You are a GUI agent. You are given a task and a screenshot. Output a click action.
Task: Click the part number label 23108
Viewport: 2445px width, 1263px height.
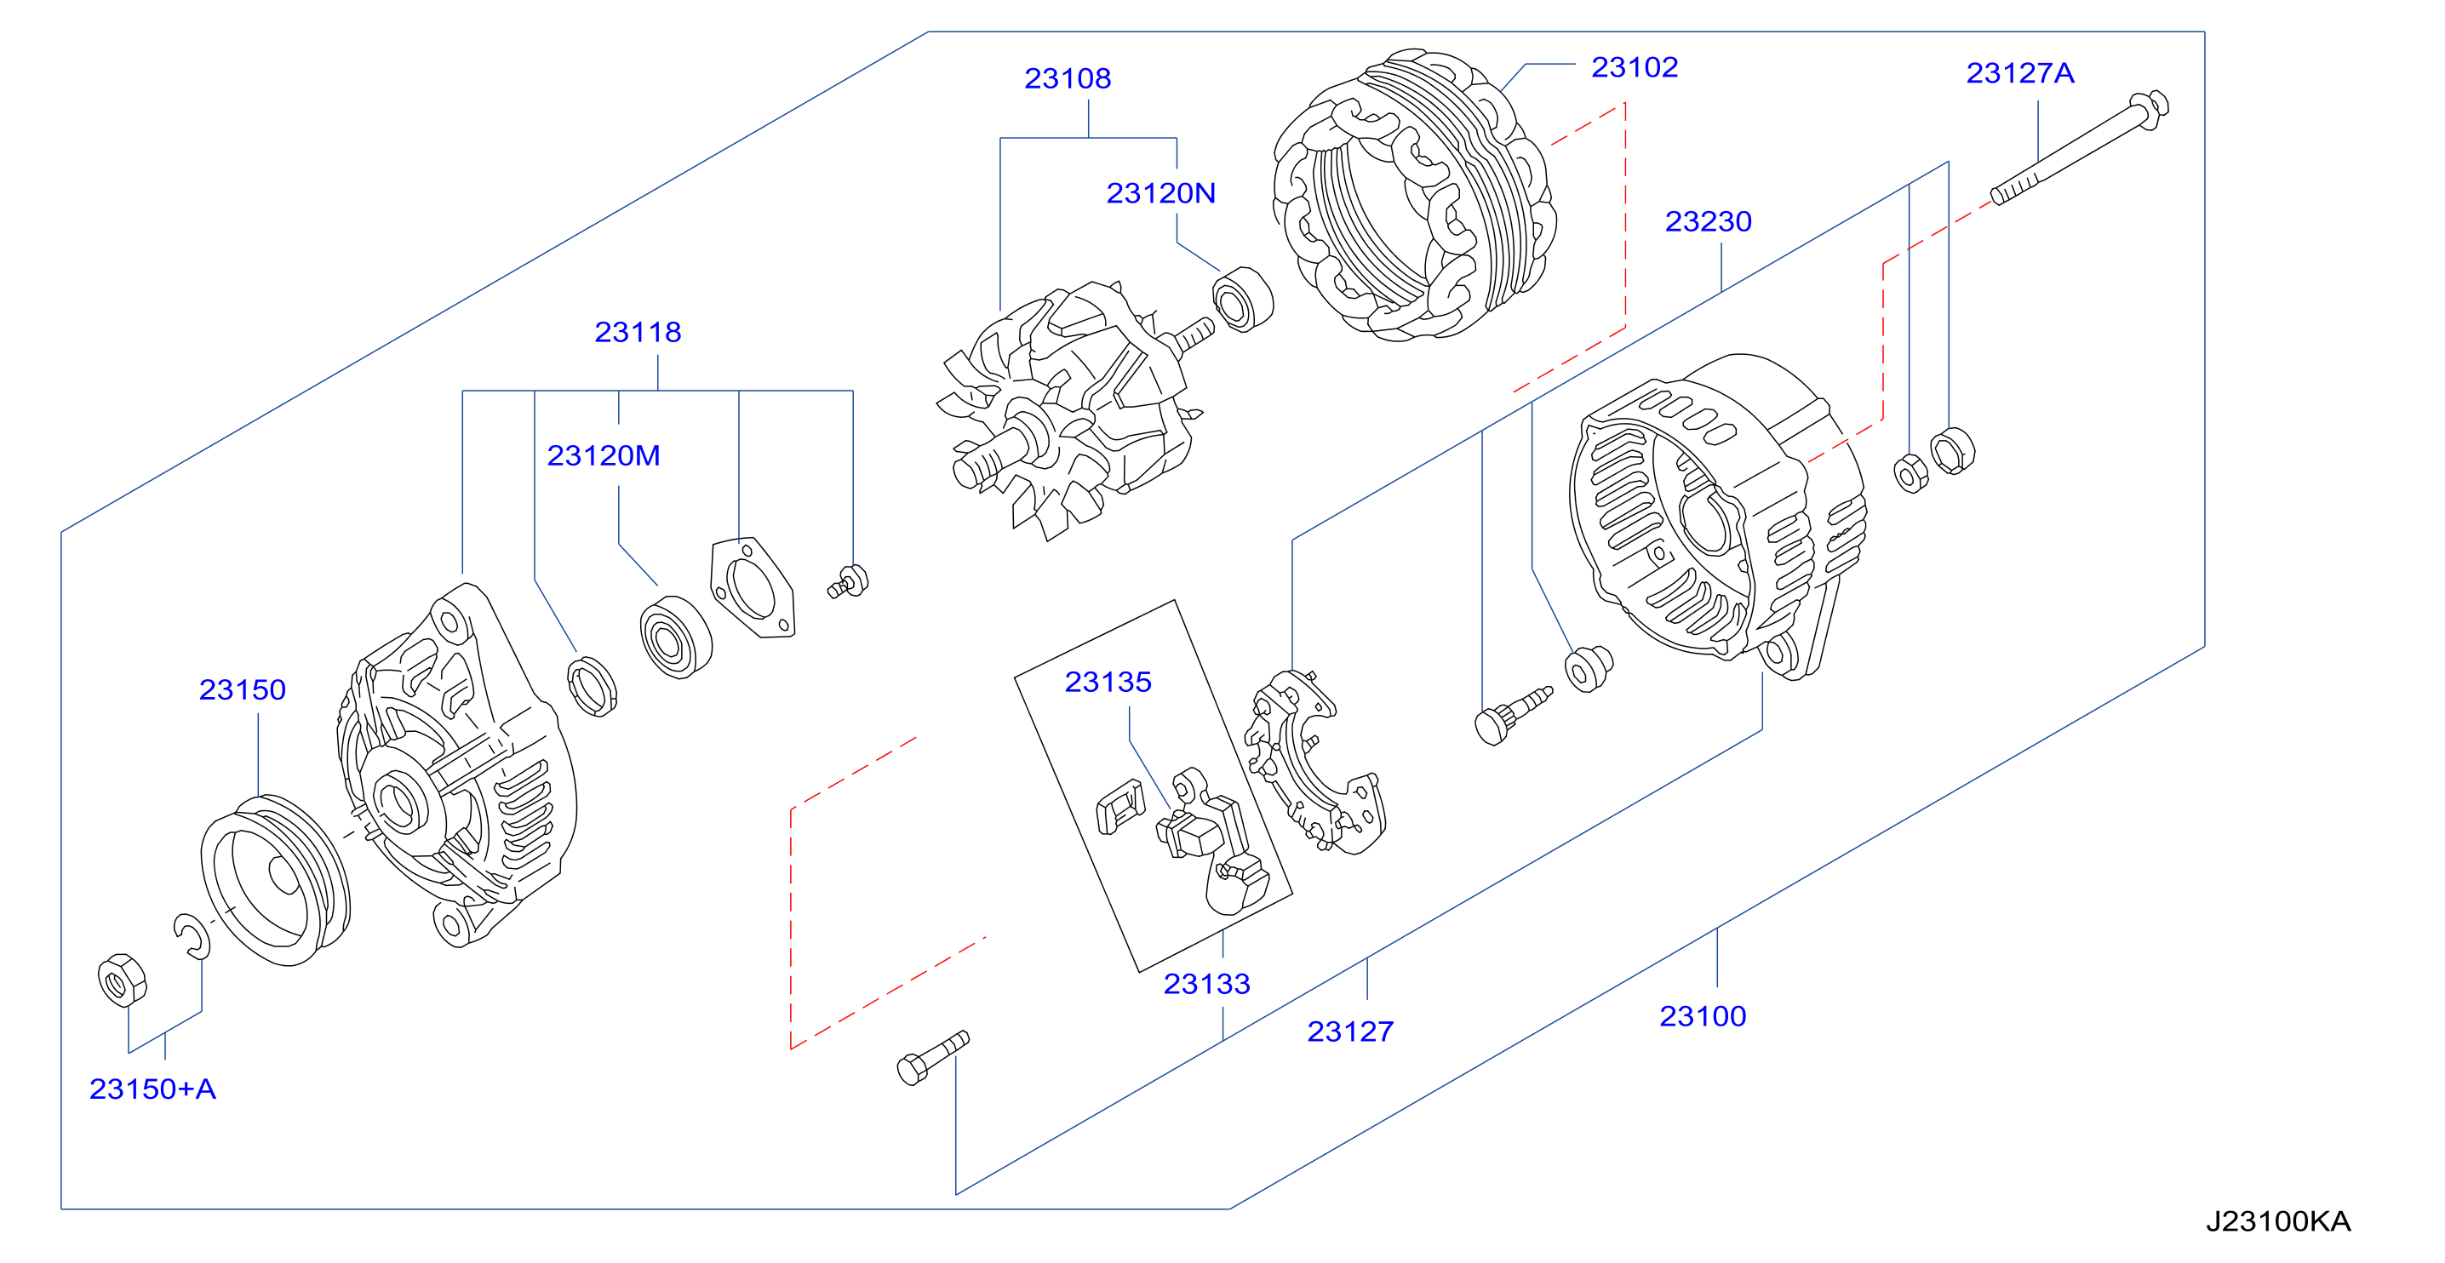(x=1067, y=79)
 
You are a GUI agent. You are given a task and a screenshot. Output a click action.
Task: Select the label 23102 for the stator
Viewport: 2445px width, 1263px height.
(x=1634, y=67)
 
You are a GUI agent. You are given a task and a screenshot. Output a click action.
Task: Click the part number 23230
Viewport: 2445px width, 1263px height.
(x=1708, y=222)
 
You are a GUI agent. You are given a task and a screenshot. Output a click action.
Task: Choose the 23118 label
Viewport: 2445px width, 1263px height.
(x=637, y=332)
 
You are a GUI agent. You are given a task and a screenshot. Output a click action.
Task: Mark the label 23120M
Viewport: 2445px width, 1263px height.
(x=603, y=456)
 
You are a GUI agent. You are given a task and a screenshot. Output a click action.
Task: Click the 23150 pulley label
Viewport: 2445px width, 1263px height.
(x=242, y=690)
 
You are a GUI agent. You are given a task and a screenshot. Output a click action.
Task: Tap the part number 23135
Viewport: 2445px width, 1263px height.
(x=1108, y=683)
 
